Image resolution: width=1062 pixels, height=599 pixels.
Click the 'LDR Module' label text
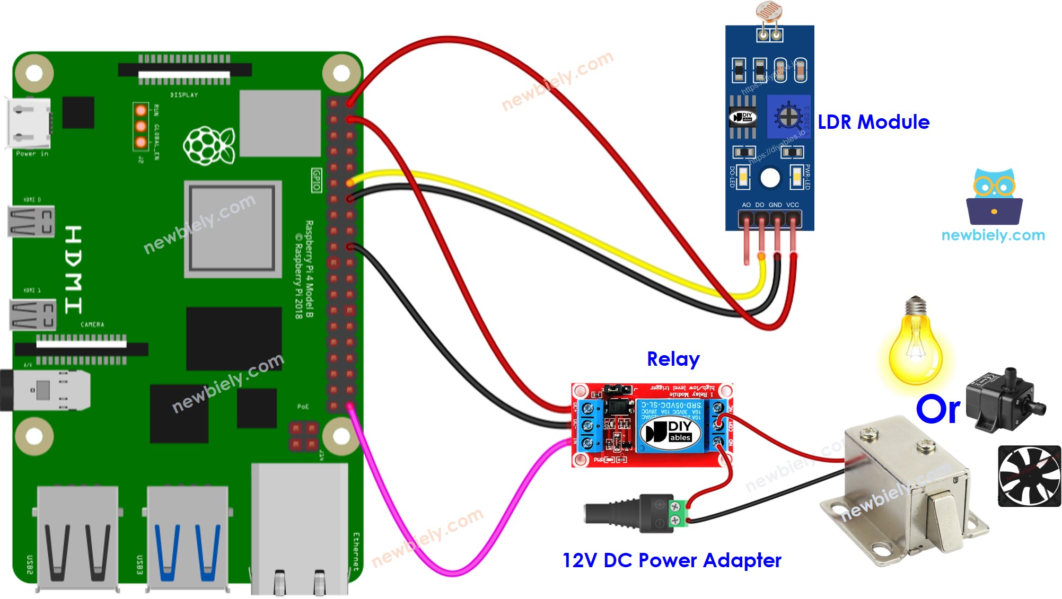coord(873,122)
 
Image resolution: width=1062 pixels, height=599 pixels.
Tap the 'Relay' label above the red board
coord(673,359)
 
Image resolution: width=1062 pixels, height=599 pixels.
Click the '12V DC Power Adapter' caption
coord(671,560)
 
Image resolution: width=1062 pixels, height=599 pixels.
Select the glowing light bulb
coord(915,345)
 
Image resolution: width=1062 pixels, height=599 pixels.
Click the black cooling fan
coord(1029,476)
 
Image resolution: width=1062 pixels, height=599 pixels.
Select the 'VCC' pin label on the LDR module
coord(793,205)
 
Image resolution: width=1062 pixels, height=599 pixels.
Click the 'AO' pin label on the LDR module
coord(746,205)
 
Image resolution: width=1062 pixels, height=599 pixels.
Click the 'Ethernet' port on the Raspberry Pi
coord(300,530)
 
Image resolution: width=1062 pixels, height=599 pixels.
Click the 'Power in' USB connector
coord(29,124)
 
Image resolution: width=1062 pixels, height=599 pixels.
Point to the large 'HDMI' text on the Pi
coord(73,269)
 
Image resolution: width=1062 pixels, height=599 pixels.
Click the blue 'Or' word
coord(937,409)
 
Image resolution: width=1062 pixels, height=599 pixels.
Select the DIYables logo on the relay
coord(670,432)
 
